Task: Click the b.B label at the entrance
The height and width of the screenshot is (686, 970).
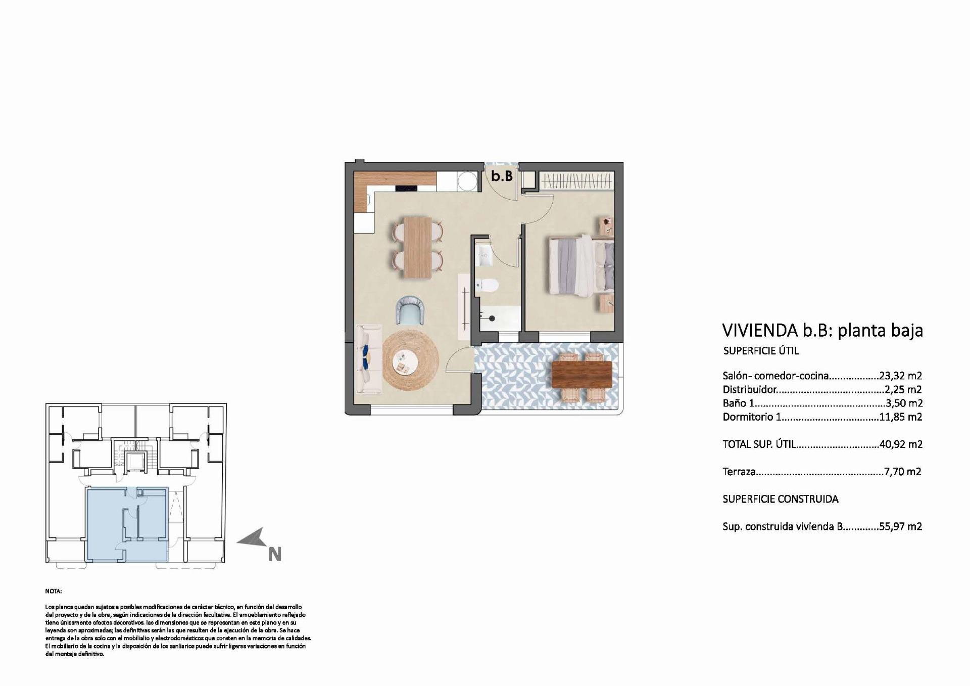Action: coord(502,176)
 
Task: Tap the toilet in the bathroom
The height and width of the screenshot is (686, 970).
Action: coord(487,286)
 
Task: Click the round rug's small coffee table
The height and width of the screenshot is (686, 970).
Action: coord(405,362)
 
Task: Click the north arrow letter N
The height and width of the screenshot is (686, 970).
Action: coord(274,555)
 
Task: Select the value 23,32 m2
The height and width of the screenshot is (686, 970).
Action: coord(900,376)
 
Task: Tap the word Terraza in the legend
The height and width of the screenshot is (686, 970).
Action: coord(739,472)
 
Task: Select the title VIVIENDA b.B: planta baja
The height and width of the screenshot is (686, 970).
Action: coord(822,330)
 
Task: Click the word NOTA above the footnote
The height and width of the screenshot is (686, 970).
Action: coord(53,591)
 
